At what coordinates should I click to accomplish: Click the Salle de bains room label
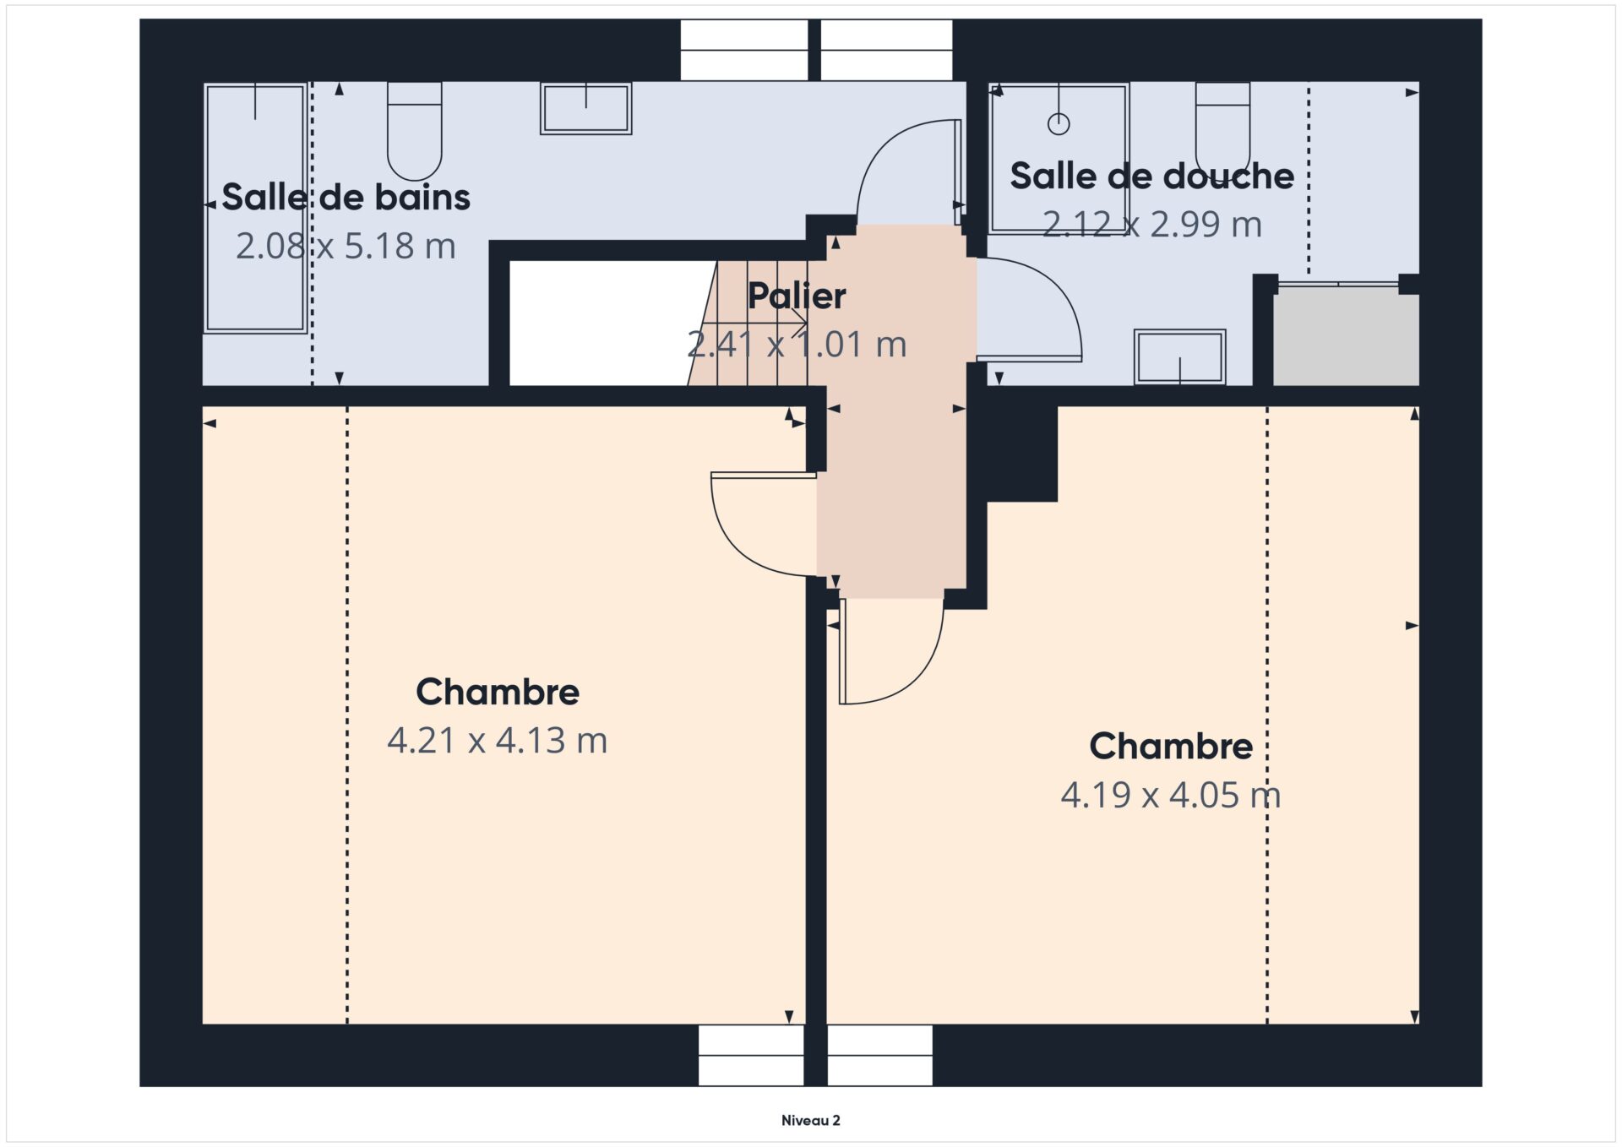[x=346, y=198]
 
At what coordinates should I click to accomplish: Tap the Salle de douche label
[x=1151, y=177]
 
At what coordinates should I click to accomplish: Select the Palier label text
[x=797, y=296]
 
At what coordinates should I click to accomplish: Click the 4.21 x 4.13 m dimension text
[x=498, y=741]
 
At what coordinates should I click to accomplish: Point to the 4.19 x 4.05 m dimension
[x=1171, y=795]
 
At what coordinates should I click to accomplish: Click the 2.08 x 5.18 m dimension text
[x=346, y=246]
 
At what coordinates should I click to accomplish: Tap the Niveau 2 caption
[x=811, y=1121]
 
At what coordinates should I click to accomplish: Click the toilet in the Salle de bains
[x=414, y=131]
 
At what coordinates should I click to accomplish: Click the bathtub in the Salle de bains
[x=255, y=208]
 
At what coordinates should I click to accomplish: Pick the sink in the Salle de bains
[x=586, y=108]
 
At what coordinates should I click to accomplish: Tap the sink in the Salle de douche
[x=1179, y=357]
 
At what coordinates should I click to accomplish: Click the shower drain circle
[x=1059, y=124]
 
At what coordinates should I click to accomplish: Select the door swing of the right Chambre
[x=921, y=676]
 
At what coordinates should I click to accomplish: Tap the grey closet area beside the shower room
[x=1346, y=336]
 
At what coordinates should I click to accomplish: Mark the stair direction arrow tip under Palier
[x=806, y=323]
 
